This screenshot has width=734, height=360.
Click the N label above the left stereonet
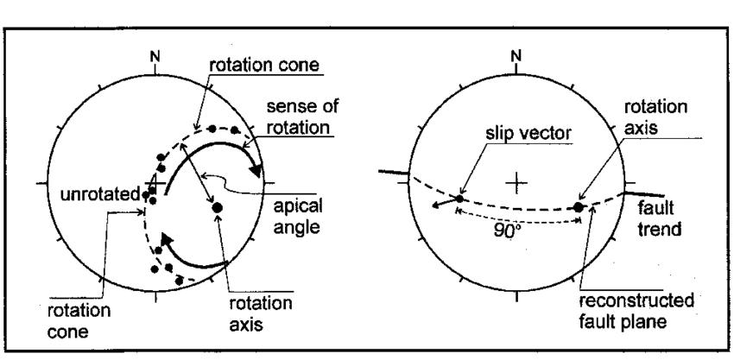pos(155,57)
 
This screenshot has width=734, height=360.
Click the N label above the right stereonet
pos(516,57)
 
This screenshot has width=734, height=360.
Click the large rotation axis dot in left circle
pos(217,207)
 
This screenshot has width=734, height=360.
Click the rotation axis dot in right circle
pos(579,207)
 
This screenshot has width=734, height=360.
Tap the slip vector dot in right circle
pos(459,199)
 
